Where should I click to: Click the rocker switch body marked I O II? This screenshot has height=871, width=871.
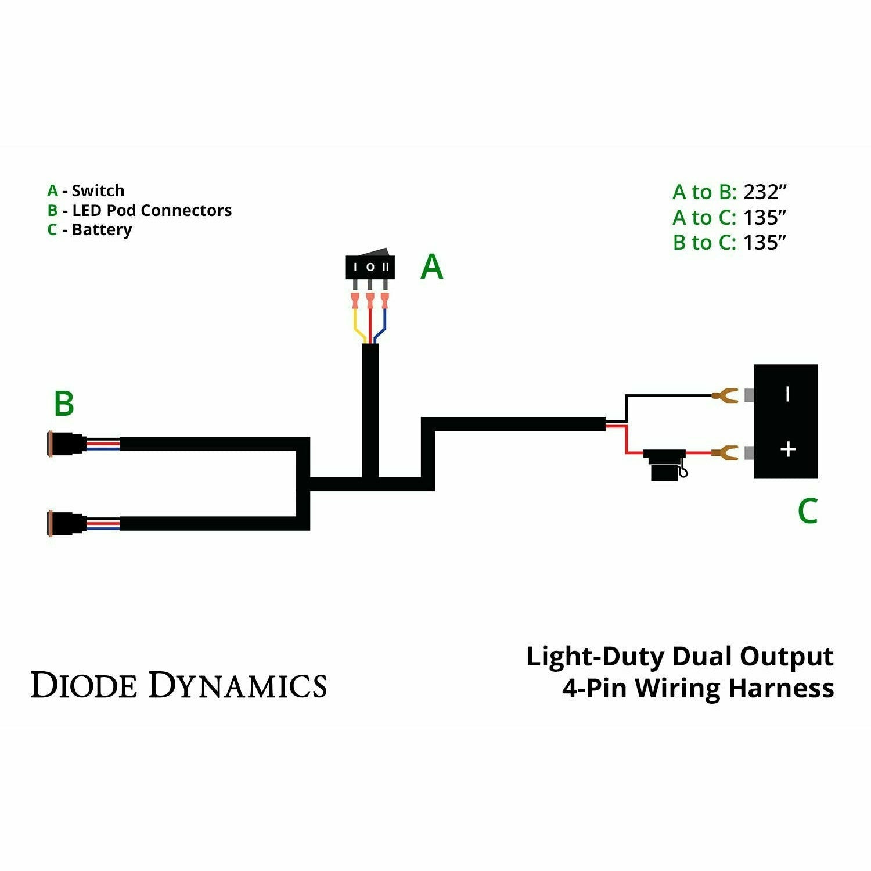click(x=370, y=267)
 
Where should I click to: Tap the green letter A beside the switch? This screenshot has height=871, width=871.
click(x=431, y=268)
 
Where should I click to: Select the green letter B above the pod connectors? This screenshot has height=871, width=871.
click(x=64, y=404)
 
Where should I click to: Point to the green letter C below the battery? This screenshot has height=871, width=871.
click(x=807, y=511)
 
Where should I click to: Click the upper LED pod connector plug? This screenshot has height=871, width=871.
click(x=67, y=444)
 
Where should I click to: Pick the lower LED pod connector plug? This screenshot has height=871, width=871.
click(x=67, y=523)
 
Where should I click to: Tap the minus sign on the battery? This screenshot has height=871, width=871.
click(x=787, y=394)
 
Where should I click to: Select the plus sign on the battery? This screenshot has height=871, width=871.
click(x=788, y=449)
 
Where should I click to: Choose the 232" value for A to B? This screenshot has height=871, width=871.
click(x=765, y=192)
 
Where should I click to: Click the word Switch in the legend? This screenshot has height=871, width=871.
click(x=98, y=190)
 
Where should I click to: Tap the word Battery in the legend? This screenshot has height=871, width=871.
click(x=102, y=230)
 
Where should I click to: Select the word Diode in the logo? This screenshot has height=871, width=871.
click(x=84, y=685)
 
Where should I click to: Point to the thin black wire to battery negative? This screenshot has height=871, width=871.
click(x=668, y=396)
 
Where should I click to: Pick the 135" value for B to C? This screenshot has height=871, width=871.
click(x=765, y=242)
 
